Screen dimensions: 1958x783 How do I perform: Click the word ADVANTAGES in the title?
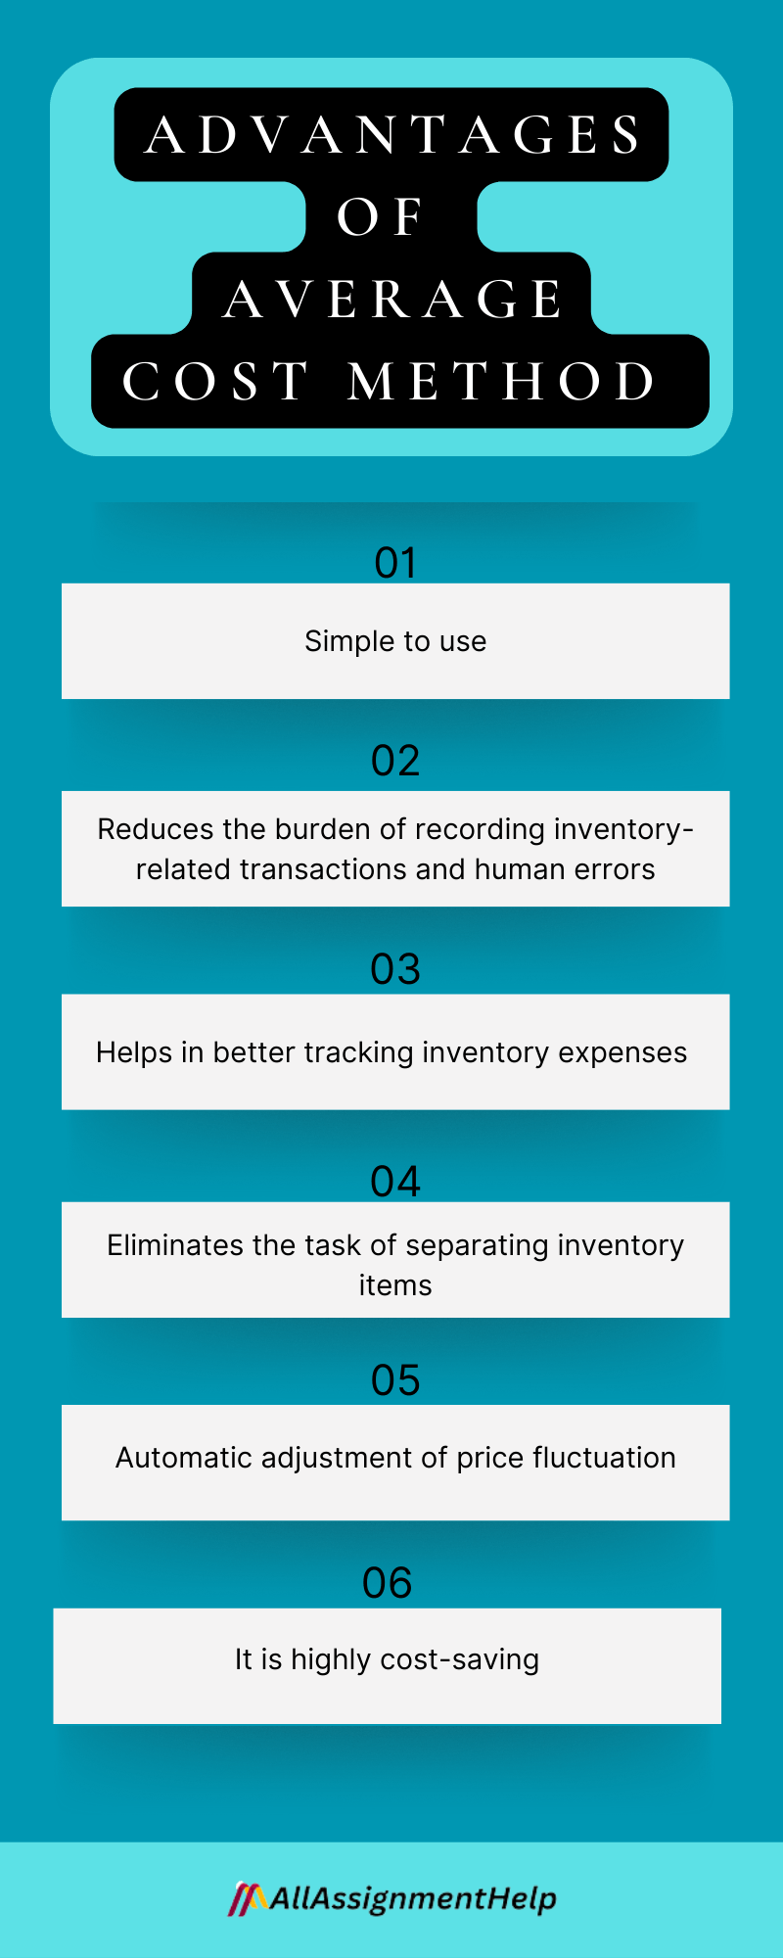coord(392,135)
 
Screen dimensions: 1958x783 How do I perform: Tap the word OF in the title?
coord(380,217)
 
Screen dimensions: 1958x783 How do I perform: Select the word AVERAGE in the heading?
coord(392,300)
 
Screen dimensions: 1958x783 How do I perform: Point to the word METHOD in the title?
coord(502,382)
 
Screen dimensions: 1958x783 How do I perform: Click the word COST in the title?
coord(215,382)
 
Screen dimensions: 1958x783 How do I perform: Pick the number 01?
coord(395,563)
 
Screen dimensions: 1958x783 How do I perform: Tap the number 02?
coord(395,762)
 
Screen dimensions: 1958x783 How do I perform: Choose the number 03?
coord(395,969)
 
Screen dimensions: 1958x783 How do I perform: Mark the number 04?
coord(395,1182)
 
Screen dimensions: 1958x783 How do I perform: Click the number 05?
coord(395,1380)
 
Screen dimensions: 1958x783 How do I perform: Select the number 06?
coord(388,1583)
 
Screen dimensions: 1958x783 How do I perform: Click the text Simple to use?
coord(395,641)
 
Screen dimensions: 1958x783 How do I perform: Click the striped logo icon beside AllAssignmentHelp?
coord(248,1899)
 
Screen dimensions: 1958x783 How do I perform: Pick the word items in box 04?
coord(395,1285)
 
